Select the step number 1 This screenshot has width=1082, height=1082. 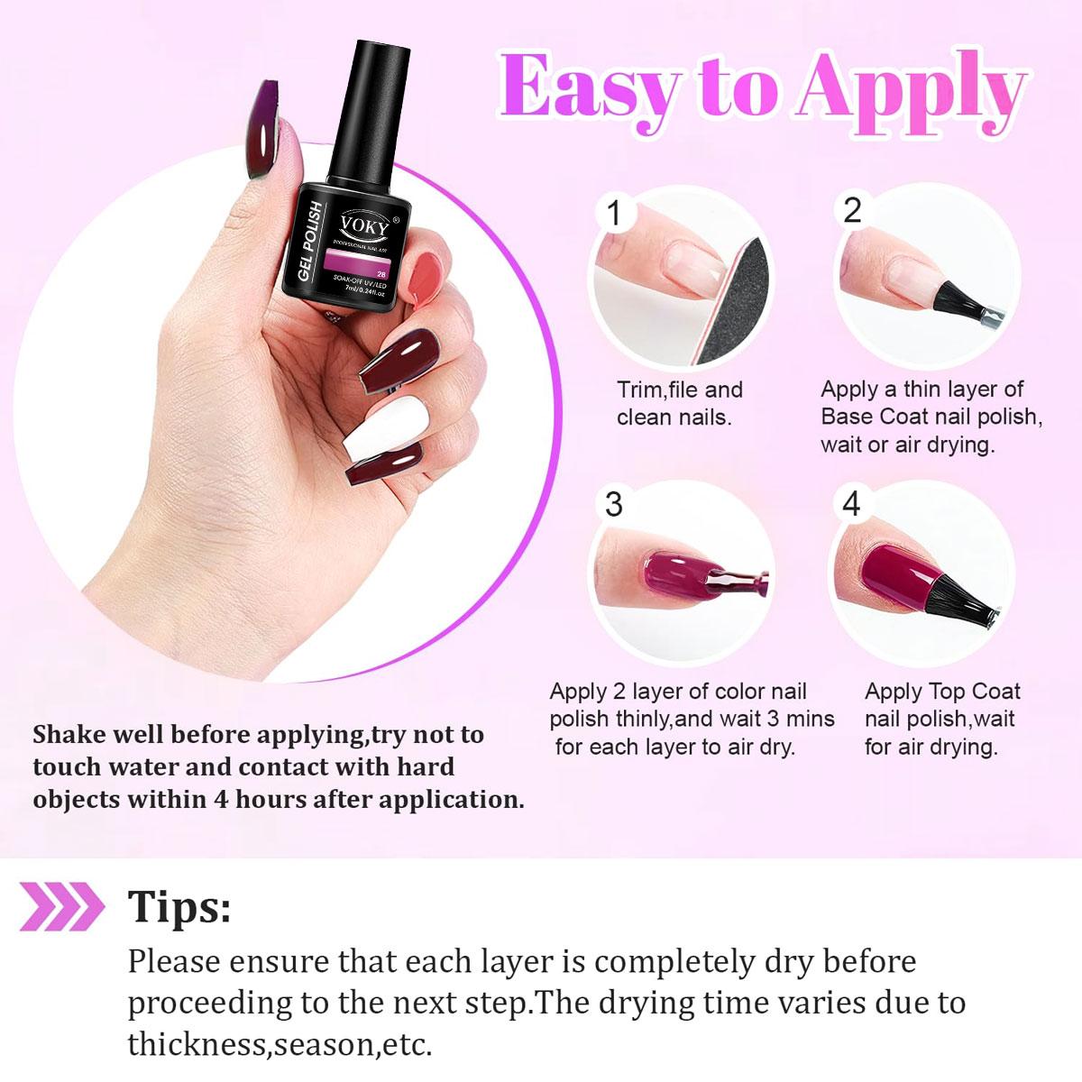615,215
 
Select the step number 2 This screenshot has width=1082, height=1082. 852,210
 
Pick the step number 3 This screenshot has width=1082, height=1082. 614,504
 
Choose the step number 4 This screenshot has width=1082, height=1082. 851,504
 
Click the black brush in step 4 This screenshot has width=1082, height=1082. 960,600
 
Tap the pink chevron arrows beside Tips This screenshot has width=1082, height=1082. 62,906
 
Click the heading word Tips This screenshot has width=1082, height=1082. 179,906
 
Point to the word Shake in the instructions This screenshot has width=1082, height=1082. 72,734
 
